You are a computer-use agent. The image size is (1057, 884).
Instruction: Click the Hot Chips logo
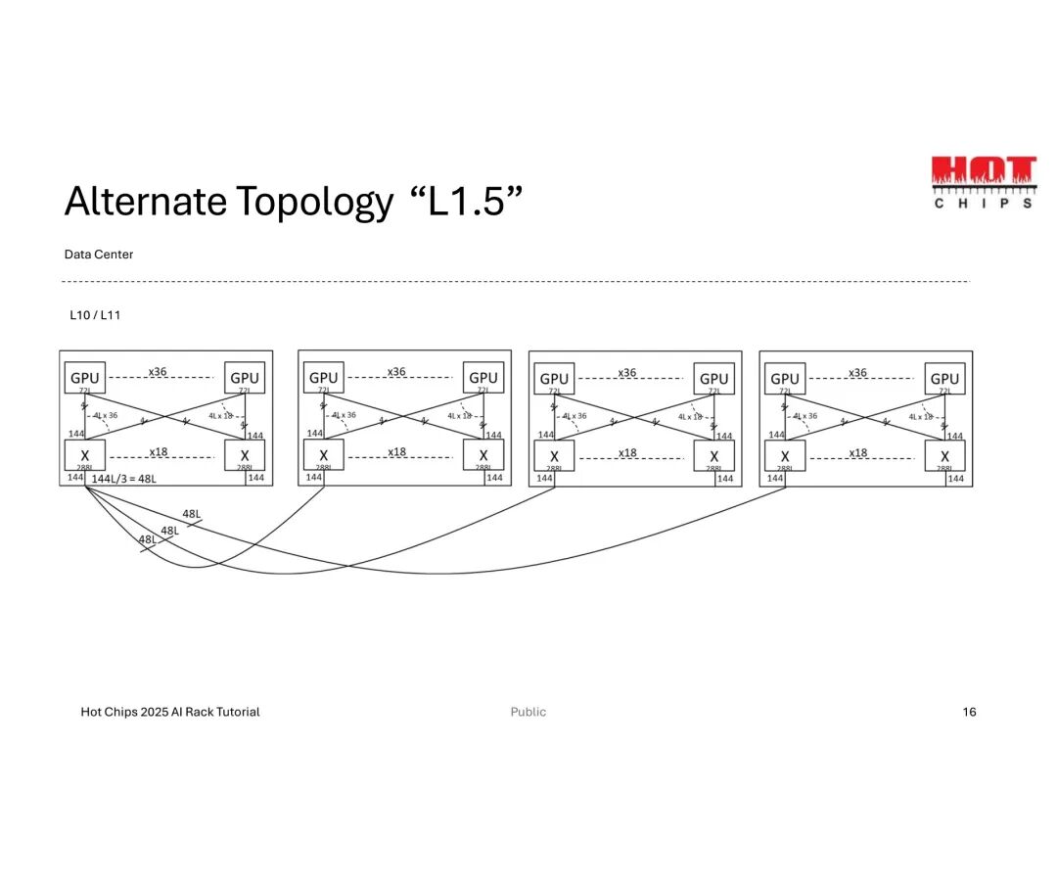coord(982,181)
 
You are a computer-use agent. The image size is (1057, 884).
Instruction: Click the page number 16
coord(969,712)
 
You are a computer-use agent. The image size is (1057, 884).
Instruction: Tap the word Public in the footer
coord(528,712)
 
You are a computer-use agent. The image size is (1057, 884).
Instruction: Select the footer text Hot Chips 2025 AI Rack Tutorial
coord(170,712)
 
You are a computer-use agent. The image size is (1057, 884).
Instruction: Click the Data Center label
coord(99,255)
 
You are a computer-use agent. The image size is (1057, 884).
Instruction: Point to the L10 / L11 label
coord(95,316)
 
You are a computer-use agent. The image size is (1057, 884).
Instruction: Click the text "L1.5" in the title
coord(466,202)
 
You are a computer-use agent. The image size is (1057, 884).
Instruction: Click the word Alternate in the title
coord(146,202)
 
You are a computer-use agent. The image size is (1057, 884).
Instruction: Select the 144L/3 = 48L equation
coord(123,478)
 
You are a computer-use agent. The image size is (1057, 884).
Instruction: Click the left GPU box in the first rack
coord(85,378)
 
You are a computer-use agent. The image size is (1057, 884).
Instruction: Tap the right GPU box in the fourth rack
coord(944,378)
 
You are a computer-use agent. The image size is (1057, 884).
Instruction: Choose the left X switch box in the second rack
coord(323,454)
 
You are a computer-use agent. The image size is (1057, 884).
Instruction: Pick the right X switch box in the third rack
coord(714,456)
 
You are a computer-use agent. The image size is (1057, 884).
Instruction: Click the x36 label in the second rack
coord(396,372)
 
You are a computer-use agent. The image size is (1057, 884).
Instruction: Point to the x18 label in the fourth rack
coord(857,452)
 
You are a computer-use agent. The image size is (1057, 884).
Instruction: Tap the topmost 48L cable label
coord(192,514)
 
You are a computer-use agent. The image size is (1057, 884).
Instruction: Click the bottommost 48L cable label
coord(147,539)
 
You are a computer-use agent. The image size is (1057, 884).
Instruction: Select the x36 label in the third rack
coord(627,372)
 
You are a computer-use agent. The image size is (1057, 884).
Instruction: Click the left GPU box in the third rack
coord(554,378)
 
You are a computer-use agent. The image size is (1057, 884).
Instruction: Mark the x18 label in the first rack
coord(158,452)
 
